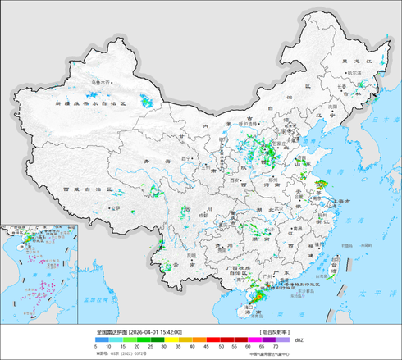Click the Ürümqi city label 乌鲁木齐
pyautogui.click(x=101, y=83)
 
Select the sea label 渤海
pyautogui.click(x=308, y=137)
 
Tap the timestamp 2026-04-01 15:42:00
pyautogui.click(x=156, y=332)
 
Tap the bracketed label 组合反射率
pyautogui.click(x=276, y=332)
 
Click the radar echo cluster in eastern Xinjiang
pyautogui.click(x=147, y=102)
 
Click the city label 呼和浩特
pyautogui.click(x=248, y=123)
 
